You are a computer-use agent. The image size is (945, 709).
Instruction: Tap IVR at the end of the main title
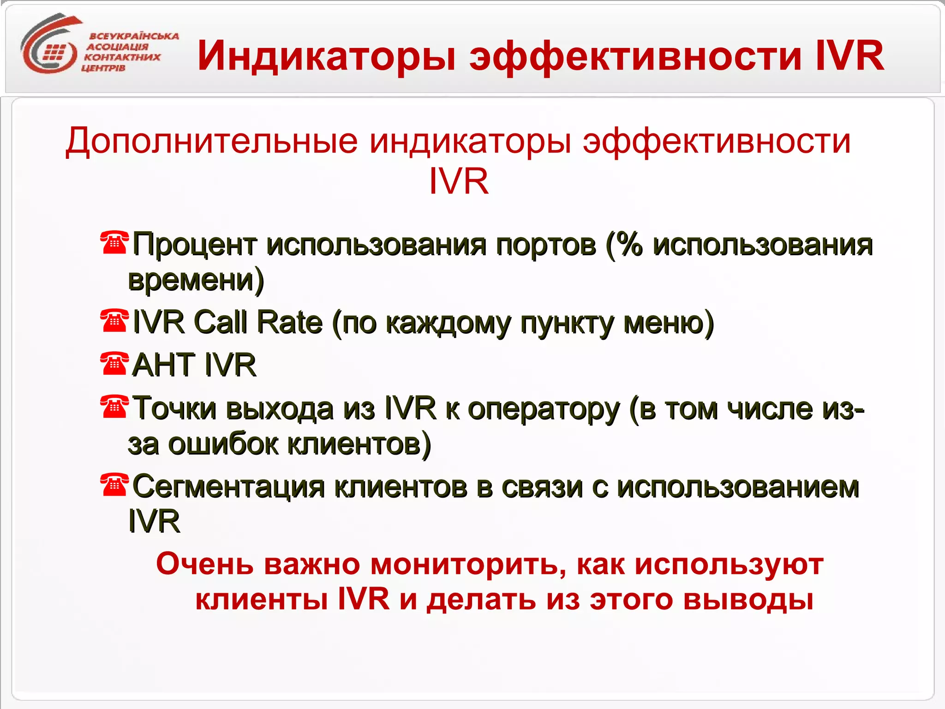(849, 56)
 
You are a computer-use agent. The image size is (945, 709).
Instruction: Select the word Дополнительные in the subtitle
(211, 141)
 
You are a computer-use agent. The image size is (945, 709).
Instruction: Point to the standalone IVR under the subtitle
(459, 181)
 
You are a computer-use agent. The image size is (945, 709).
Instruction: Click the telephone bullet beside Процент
(114, 242)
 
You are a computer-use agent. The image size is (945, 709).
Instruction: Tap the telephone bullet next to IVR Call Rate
(114, 321)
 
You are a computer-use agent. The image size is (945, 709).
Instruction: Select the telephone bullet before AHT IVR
(114, 364)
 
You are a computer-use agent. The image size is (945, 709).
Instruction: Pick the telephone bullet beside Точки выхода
(114, 407)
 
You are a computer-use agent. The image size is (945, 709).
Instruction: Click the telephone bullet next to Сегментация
(114, 485)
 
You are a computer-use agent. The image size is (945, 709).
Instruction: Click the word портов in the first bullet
(546, 245)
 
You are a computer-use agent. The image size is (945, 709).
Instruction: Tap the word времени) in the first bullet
(196, 280)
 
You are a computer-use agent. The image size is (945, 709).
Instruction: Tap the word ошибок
(223, 444)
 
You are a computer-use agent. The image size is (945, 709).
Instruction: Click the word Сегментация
(228, 487)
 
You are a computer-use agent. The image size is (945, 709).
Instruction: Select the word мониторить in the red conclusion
(468, 565)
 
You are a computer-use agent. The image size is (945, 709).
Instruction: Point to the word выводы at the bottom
(748, 600)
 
